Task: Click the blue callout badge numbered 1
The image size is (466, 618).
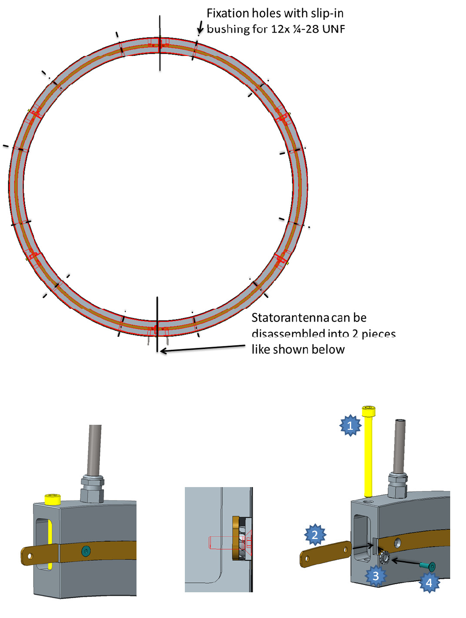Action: pos(350,425)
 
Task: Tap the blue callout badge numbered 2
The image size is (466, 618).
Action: pos(315,535)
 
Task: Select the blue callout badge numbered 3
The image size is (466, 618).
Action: pos(376,576)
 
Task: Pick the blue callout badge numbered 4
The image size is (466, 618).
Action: pos(428,582)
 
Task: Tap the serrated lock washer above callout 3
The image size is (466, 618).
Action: pos(385,558)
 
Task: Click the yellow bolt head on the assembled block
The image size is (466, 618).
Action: pos(52,499)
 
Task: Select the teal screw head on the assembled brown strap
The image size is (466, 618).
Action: pos(85,551)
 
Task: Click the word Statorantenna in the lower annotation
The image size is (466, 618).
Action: pos(290,318)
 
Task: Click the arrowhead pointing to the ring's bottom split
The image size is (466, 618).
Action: pos(163,351)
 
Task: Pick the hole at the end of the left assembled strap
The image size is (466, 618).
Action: pos(30,557)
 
